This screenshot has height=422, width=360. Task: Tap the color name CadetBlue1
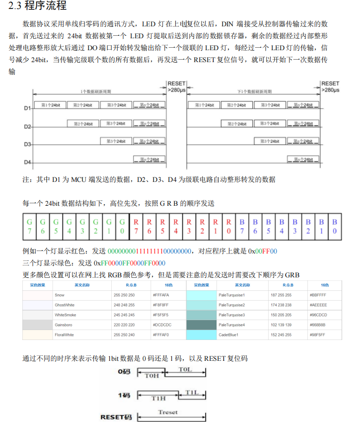point(228,335)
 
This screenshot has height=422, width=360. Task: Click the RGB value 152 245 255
point(281,335)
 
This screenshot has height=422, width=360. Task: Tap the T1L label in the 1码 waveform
point(193,393)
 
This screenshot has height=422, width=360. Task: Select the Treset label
point(168,412)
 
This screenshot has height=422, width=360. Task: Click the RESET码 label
point(116,417)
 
